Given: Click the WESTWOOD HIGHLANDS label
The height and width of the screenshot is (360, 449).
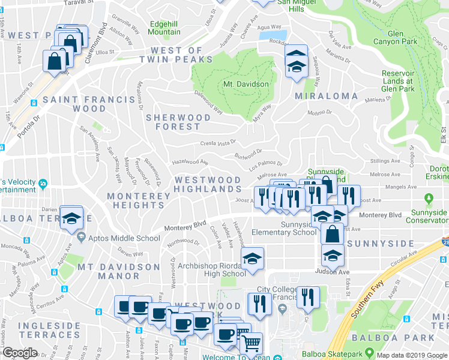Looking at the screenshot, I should [207, 184].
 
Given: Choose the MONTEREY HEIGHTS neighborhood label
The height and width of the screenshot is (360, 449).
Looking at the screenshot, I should [136, 200].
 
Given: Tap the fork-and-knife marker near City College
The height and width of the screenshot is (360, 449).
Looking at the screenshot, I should [308, 296].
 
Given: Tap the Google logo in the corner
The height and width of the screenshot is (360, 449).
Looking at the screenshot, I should [20, 353].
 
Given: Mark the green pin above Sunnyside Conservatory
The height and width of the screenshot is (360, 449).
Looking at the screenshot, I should [429, 199].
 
